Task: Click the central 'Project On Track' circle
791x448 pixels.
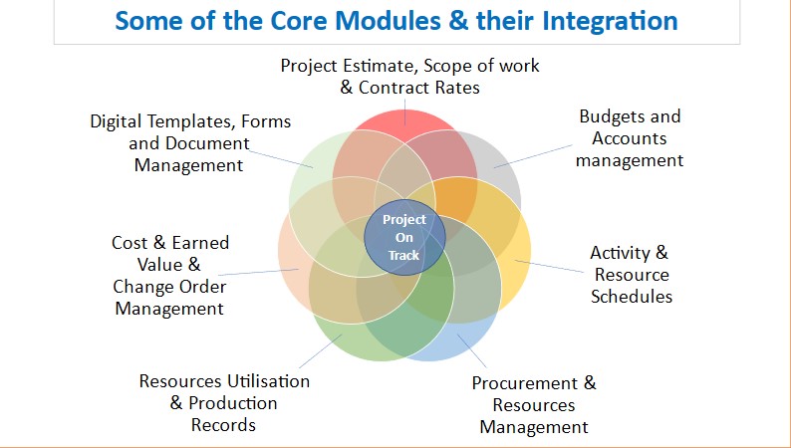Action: pos(404,237)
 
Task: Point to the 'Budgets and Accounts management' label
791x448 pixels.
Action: pos(630,138)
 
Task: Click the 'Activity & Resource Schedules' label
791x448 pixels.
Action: pos(631,274)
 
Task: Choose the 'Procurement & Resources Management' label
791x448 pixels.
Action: pos(534,404)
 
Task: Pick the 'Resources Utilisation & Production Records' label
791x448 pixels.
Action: pos(224,402)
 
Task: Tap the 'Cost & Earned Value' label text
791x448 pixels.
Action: pos(170,254)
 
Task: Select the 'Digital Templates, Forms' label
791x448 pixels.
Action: pos(190,121)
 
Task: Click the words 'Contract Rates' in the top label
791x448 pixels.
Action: pos(418,88)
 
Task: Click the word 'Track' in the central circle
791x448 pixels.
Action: pos(404,256)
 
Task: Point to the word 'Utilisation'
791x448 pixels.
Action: pos(268,381)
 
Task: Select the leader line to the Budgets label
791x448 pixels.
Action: pos(533,156)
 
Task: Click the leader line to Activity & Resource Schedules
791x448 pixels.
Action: pos(549,266)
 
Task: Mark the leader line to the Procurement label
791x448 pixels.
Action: pos(471,350)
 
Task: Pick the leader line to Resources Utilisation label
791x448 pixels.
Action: pos(321,351)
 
